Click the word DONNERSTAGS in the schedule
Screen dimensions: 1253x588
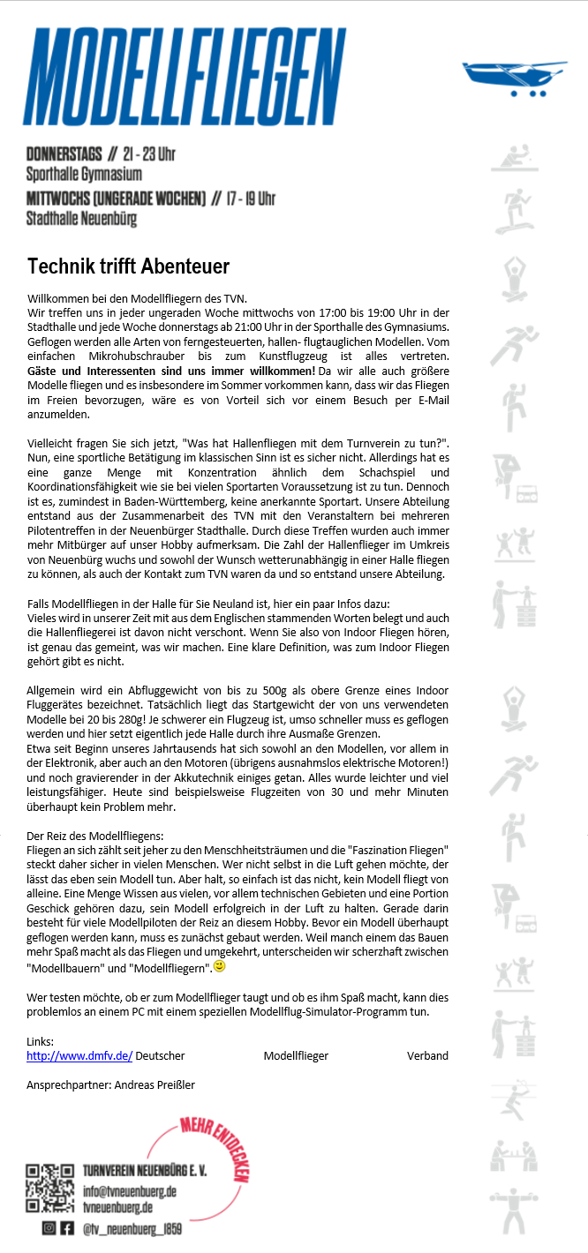pos(63,154)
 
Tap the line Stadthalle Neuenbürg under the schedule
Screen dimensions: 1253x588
pos(81,218)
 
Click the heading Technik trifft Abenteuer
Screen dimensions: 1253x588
pos(129,266)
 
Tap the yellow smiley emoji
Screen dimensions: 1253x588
pos(220,966)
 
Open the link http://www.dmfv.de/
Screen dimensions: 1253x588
pos(79,1055)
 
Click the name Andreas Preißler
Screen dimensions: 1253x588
pos(155,1084)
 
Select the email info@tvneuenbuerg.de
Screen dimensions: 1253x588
pos(130,1190)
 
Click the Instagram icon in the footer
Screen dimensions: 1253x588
pos(49,1227)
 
